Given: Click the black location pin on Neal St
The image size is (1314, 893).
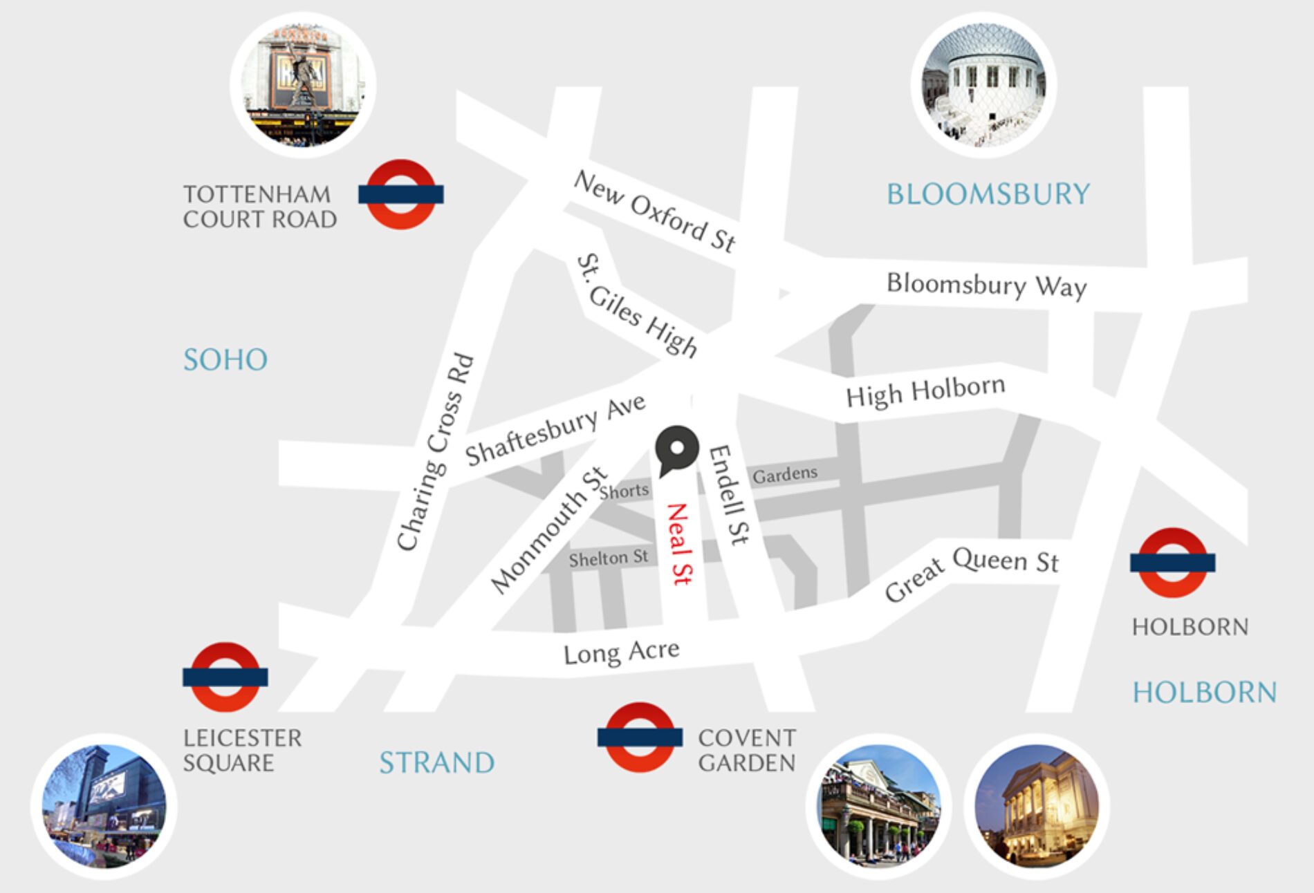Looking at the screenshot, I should [677, 449].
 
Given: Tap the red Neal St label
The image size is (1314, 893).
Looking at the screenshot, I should [678, 544].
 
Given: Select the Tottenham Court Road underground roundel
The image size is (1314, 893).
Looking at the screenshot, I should [400, 194].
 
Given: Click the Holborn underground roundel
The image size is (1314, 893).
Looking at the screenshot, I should [1172, 563].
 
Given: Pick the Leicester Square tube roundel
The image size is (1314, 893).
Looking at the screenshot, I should [225, 677].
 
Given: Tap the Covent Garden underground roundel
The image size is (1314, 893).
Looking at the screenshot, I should [640, 737].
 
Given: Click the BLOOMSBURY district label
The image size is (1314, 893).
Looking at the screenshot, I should [988, 194].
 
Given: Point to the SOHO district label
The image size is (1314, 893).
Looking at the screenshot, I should [225, 359].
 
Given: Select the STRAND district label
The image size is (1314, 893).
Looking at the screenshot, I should [437, 762].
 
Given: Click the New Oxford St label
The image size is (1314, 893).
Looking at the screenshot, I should [654, 211].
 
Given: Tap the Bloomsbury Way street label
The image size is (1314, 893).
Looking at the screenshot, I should [986, 284].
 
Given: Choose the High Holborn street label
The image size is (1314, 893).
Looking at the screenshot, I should [925, 391].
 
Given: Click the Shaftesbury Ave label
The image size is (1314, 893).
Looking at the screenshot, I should [555, 429].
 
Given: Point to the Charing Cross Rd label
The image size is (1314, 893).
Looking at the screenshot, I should [435, 453].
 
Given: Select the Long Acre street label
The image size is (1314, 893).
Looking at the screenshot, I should [621, 652].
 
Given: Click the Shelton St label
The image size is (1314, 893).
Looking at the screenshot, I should [609, 558].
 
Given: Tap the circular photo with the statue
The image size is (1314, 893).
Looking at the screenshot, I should [303, 85].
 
